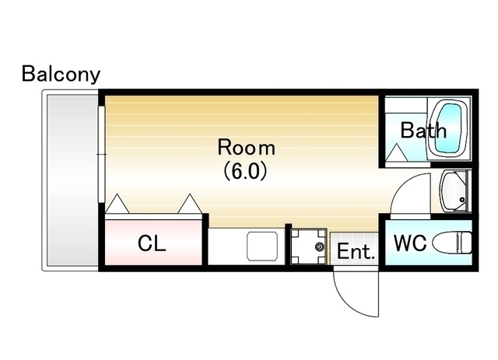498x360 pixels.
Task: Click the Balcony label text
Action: click(61, 75)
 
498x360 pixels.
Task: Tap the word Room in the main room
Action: click(246, 147)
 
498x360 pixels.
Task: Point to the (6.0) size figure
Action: click(245, 171)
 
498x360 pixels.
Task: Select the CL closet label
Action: click(152, 243)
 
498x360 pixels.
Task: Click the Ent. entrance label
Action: click(356, 251)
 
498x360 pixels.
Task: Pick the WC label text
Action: click(410, 243)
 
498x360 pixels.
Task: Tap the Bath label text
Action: click(423, 130)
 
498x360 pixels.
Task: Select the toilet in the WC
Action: click(452, 243)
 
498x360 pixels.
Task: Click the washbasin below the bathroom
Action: click(454, 191)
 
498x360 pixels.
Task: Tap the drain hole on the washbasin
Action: click(462, 200)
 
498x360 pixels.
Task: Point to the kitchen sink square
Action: click(262, 246)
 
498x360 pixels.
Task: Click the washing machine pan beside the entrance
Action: click(309, 246)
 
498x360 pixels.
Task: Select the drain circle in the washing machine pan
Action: click(320, 246)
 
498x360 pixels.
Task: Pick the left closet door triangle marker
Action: click(117, 204)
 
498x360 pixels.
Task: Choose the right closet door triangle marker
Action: click(190, 204)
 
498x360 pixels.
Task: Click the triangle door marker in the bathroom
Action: click(397, 152)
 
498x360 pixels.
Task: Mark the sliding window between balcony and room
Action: click(101, 154)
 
